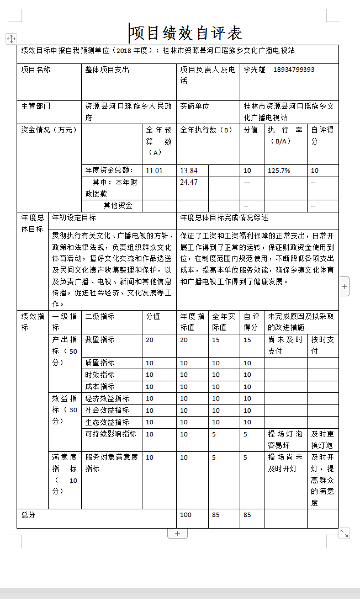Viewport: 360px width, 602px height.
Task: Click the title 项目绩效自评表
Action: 187,33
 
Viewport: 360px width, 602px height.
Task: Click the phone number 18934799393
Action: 294,70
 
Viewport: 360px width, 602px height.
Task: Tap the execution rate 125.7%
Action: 279,171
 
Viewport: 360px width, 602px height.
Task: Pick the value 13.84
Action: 189,171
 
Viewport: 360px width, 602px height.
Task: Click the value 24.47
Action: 189,182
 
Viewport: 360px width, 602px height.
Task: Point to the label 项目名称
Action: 36,70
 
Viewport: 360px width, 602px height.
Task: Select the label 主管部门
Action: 36,106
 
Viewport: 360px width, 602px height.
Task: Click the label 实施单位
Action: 194,106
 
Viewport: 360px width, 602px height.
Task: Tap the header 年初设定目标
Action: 74,218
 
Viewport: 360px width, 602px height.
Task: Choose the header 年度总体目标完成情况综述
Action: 224,218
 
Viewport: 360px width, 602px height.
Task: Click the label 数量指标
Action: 100,339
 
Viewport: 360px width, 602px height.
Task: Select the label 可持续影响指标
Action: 110,434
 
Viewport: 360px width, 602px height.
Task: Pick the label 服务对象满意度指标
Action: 112,462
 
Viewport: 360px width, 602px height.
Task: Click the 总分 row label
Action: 28,515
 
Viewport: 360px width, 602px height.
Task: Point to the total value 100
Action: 186,515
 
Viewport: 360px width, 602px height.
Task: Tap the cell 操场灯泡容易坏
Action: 285,439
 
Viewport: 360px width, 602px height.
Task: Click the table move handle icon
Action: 11,39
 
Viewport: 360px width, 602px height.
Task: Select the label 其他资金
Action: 118,206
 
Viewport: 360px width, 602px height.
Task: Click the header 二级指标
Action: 100,316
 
